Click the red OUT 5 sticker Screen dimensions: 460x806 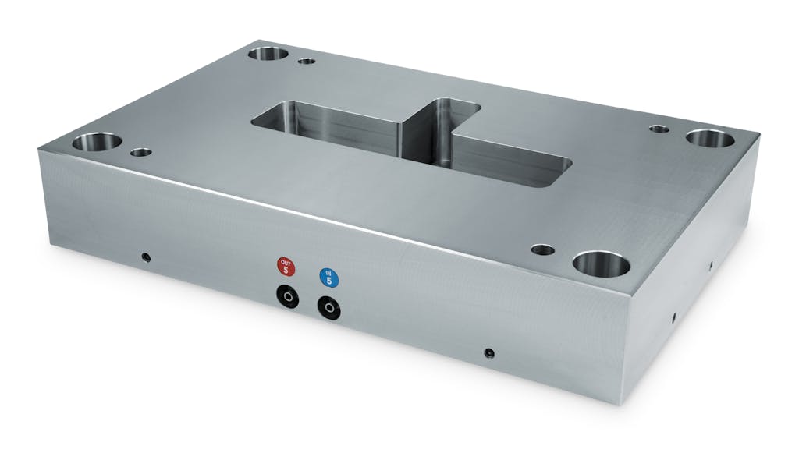[x=286, y=267]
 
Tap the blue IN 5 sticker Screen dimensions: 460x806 [x=328, y=278]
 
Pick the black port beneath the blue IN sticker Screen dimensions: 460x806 [x=328, y=309]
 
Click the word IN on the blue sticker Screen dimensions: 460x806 [x=328, y=273]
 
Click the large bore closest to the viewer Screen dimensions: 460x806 [x=601, y=264]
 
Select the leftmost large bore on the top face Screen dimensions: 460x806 [x=98, y=143]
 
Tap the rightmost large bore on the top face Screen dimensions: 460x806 [x=710, y=140]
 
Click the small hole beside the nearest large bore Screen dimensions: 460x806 [x=542, y=250]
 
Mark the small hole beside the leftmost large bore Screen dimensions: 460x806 [x=140, y=152]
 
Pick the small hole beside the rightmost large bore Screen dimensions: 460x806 [x=659, y=129]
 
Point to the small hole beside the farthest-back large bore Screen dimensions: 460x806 [x=307, y=59]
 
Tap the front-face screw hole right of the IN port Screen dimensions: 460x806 [x=488, y=352]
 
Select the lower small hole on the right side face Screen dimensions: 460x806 [x=673, y=318]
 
